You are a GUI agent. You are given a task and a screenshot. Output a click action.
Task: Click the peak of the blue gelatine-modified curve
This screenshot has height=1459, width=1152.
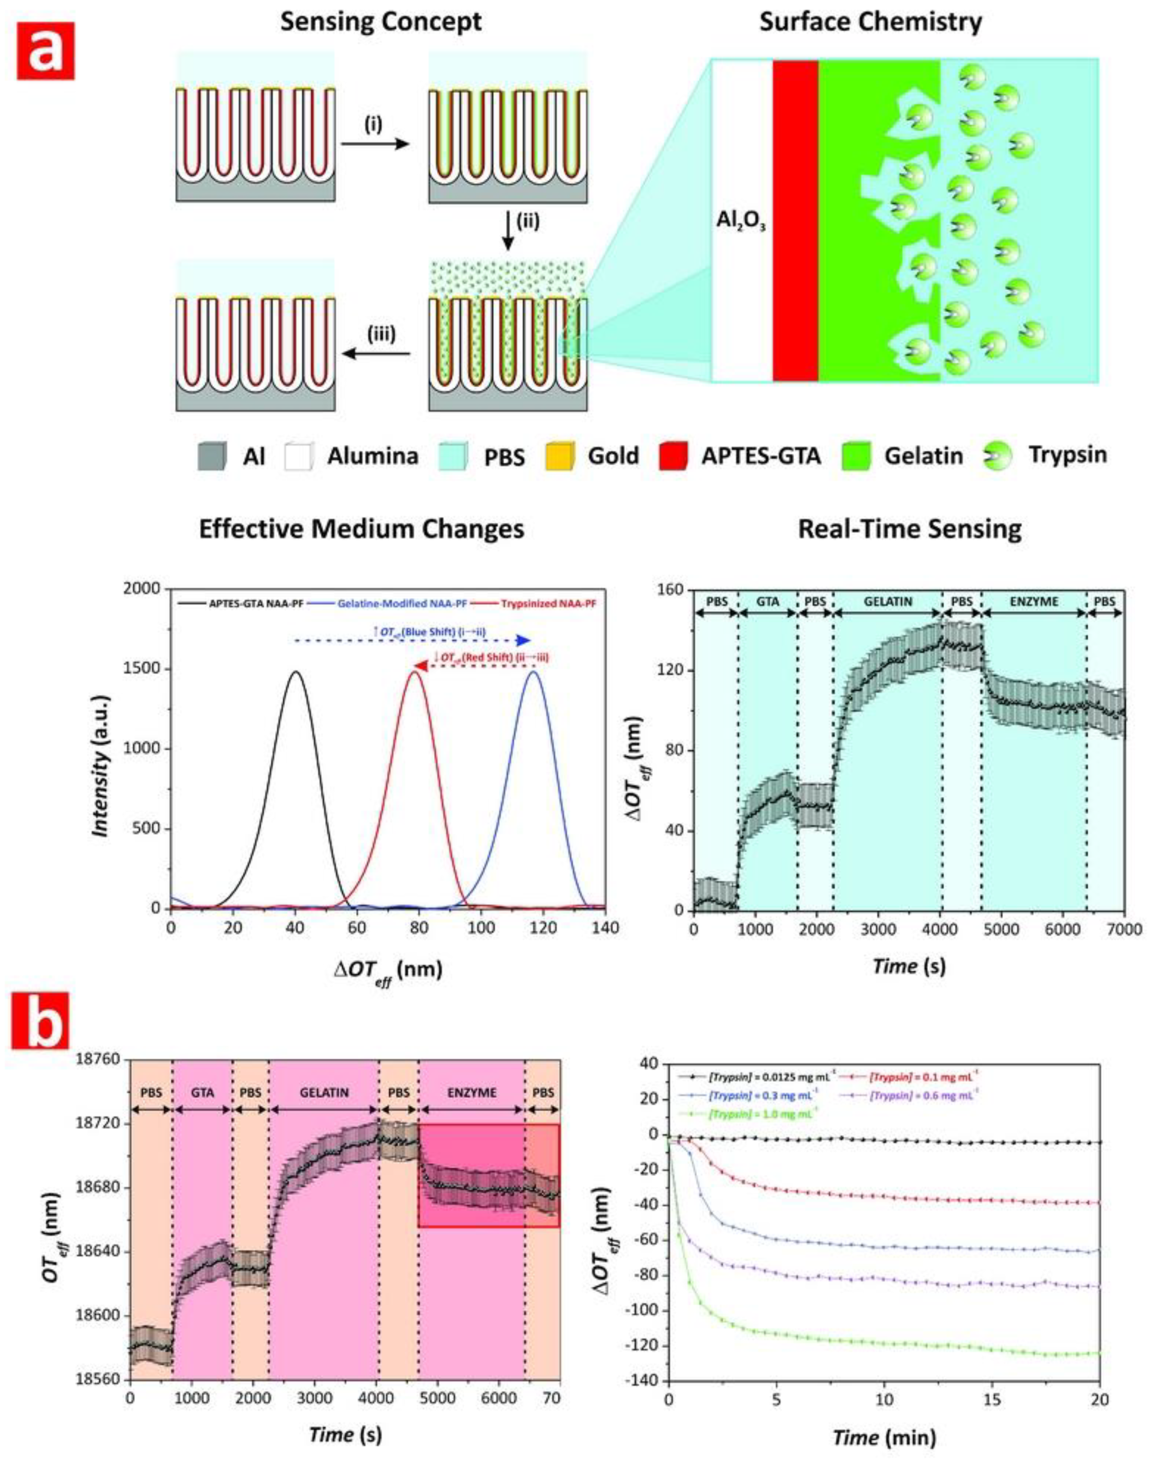pyautogui.click(x=534, y=671)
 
